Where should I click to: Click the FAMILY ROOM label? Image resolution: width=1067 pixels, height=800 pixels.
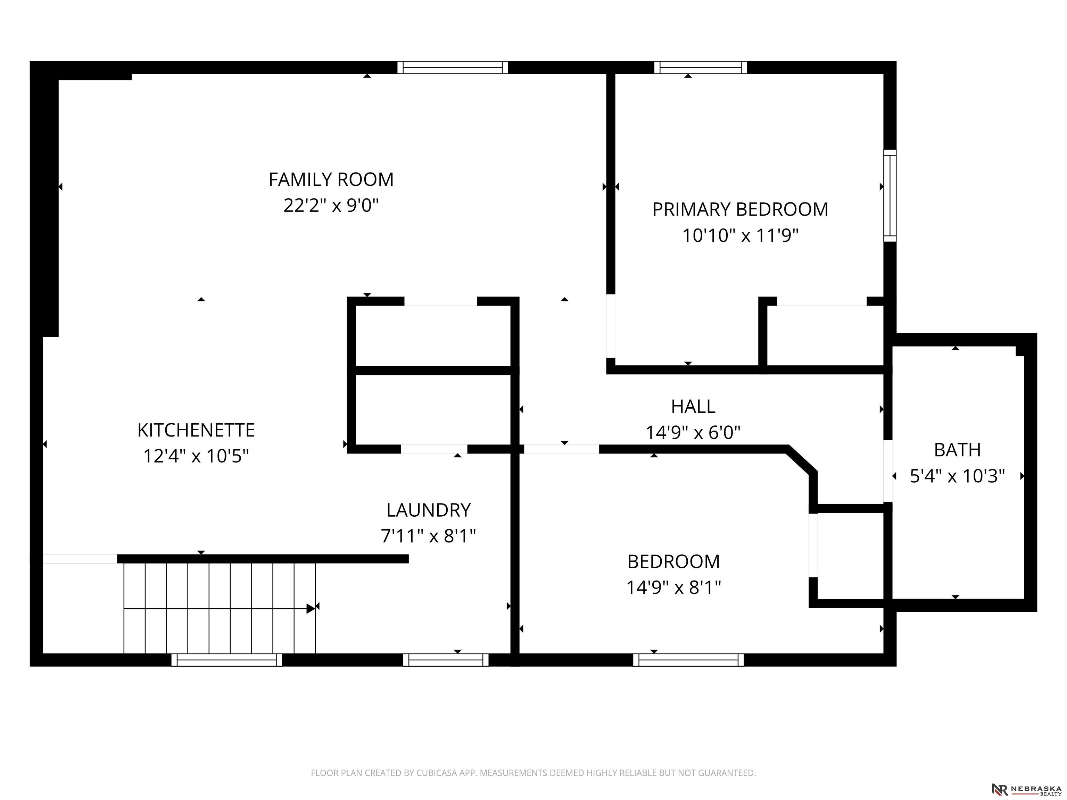[x=331, y=180]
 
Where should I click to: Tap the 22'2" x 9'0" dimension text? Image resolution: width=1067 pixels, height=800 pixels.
[x=331, y=206]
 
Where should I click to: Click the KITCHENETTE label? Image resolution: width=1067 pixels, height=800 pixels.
[x=196, y=430]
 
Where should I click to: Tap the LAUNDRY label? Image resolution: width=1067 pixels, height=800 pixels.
[x=428, y=510]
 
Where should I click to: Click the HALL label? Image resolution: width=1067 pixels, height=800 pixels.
[x=693, y=407]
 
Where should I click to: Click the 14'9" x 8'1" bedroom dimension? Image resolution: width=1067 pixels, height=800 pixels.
[x=673, y=587]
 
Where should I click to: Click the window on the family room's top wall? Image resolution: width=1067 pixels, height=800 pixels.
[x=453, y=67]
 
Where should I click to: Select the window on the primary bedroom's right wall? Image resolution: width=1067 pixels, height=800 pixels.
[x=890, y=195]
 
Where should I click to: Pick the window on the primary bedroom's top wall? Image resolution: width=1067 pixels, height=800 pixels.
[x=701, y=67]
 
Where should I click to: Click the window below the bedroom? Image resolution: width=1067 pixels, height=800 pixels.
[x=688, y=660]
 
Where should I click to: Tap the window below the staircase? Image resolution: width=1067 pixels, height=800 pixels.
[x=227, y=660]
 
